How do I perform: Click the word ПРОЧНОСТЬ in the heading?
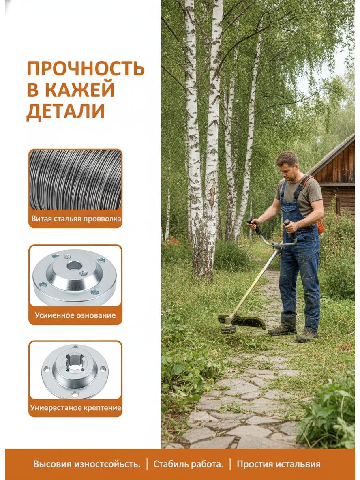(86, 69)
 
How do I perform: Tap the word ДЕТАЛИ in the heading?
(66, 111)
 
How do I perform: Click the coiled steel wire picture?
(75, 180)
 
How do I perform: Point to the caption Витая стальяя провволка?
(76, 219)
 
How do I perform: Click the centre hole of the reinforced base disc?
(74, 266)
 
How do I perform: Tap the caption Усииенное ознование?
(75, 315)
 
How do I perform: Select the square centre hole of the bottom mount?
(75, 363)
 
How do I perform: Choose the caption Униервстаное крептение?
(76, 408)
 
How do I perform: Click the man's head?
(287, 165)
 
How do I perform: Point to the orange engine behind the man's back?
(320, 227)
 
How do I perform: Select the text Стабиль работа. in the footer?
(188, 464)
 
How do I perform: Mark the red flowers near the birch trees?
(173, 242)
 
